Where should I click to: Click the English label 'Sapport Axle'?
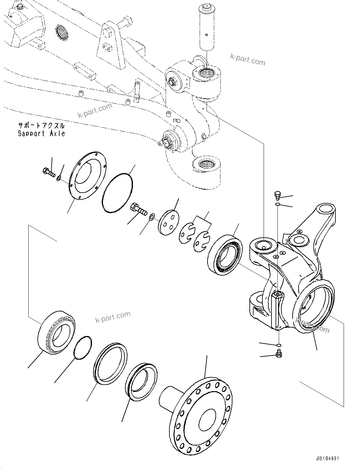pyautogui.click(x=41, y=134)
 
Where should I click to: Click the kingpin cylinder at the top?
pyautogui.click(x=207, y=27)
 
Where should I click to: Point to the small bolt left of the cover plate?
pyautogui.click(x=48, y=172)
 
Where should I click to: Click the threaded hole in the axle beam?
pyautogui.click(x=61, y=33)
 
